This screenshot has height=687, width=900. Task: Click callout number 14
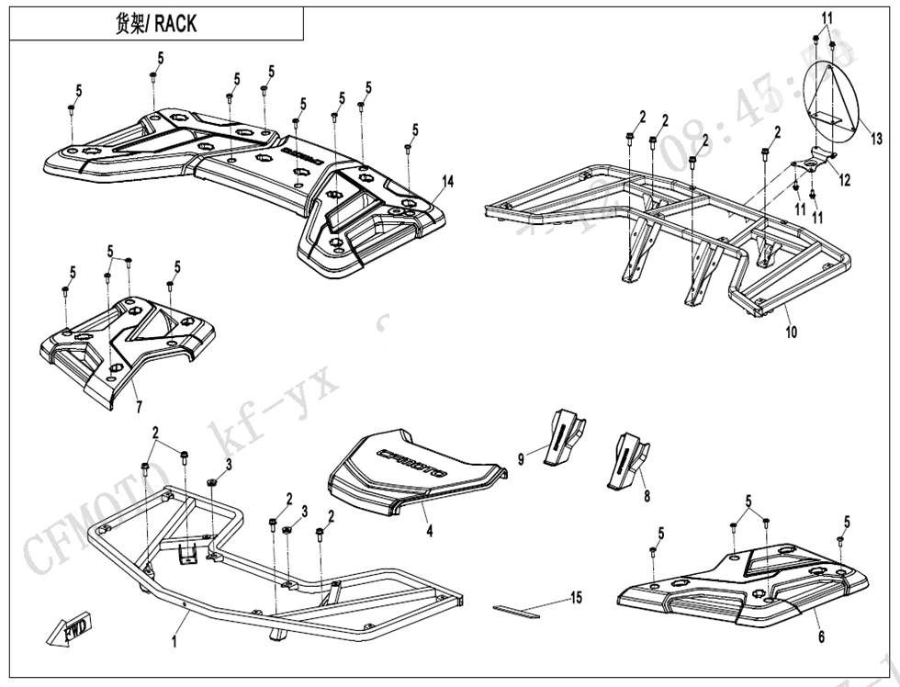click(x=447, y=182)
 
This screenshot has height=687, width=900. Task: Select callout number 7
click(x=138, y=406)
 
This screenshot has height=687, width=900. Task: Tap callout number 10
click(x=791, y=332)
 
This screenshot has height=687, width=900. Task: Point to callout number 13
click(x=877, y=140)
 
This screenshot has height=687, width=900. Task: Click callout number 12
click(x=844, y=180)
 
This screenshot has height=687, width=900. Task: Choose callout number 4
click(x=428, y=530)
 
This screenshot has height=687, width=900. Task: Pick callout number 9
click(x=521, y=458)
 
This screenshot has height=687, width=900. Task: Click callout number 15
click(x=576, y=598)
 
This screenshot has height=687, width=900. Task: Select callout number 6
click(x=821, y=636)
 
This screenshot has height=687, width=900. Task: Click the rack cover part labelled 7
click(x=129, y=344)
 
